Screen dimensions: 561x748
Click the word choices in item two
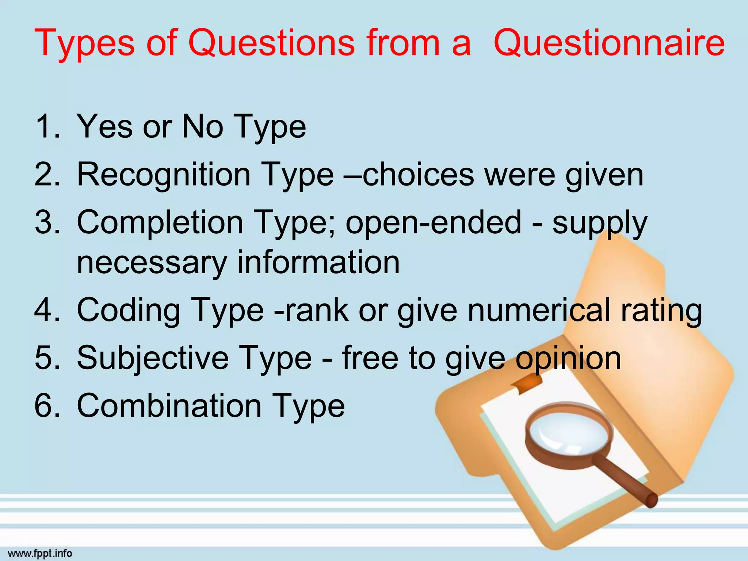pos(419,175)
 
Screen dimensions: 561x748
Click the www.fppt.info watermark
pos(40,553)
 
